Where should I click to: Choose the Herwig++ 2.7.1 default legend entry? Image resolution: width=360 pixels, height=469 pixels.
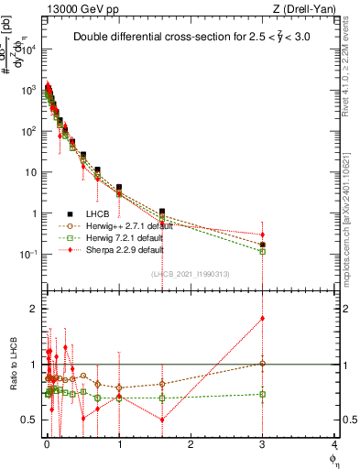click(x=124, y=225)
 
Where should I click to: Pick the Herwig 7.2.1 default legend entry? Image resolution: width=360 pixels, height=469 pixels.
click(x=120, y=237)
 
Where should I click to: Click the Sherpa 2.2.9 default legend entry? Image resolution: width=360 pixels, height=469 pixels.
click(x=120, y=249)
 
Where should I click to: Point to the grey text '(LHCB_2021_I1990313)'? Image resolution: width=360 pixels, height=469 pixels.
click(x=190, y=275)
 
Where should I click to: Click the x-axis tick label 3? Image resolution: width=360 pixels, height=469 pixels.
click(x=263, y=442)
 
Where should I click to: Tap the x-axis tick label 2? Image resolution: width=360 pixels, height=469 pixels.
click(x=191, y=442)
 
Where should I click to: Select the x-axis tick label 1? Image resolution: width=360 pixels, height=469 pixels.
click(x=119, y=442)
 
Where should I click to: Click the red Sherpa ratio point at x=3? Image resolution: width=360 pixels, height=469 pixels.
click(x=263, y=318)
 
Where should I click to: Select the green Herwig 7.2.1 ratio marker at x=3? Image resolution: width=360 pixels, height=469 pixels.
click(x=263, y=394)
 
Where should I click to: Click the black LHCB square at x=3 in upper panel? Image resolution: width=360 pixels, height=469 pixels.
click(x=263, y=245)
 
